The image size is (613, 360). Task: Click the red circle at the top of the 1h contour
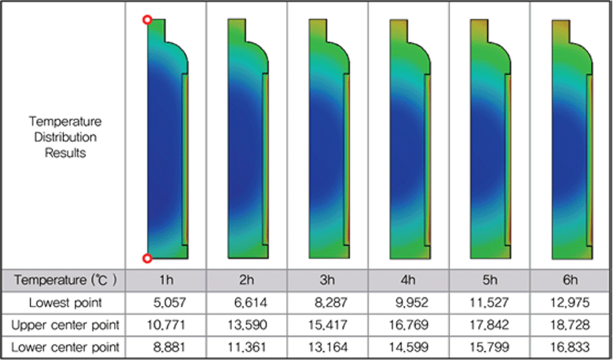(x=147, y=19)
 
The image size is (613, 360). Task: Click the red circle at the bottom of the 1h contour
(x=147, y=258)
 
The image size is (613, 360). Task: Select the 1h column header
(x=166, y=280)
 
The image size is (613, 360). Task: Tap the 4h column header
(x=408, y=280)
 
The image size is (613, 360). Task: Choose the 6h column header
(x=570, y=280)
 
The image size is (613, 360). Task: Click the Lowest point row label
(x=65, y=302)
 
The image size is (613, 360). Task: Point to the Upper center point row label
(x=65, y=325)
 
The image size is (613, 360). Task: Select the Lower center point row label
(x=65, y=347)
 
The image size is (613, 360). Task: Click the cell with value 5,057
(x=170, y=302)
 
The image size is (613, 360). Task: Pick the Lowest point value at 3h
(x=331, y=302)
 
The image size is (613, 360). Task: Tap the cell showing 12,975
(x=570, y=302)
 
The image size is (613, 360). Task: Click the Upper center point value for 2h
(x=247, y=325)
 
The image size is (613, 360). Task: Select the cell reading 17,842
(x=489, y=325)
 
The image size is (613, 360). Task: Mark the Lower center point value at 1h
(x=169, y=347)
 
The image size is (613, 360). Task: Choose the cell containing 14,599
(x=408, y=347)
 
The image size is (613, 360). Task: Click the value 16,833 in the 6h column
(x=570, y=347)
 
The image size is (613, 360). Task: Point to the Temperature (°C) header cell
(x=65, y=280)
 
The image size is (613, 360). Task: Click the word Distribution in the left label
(x=65, y=137)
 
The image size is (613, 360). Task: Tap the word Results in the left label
(x=65, y=153)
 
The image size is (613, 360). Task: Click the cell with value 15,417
(x=328, y=325)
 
